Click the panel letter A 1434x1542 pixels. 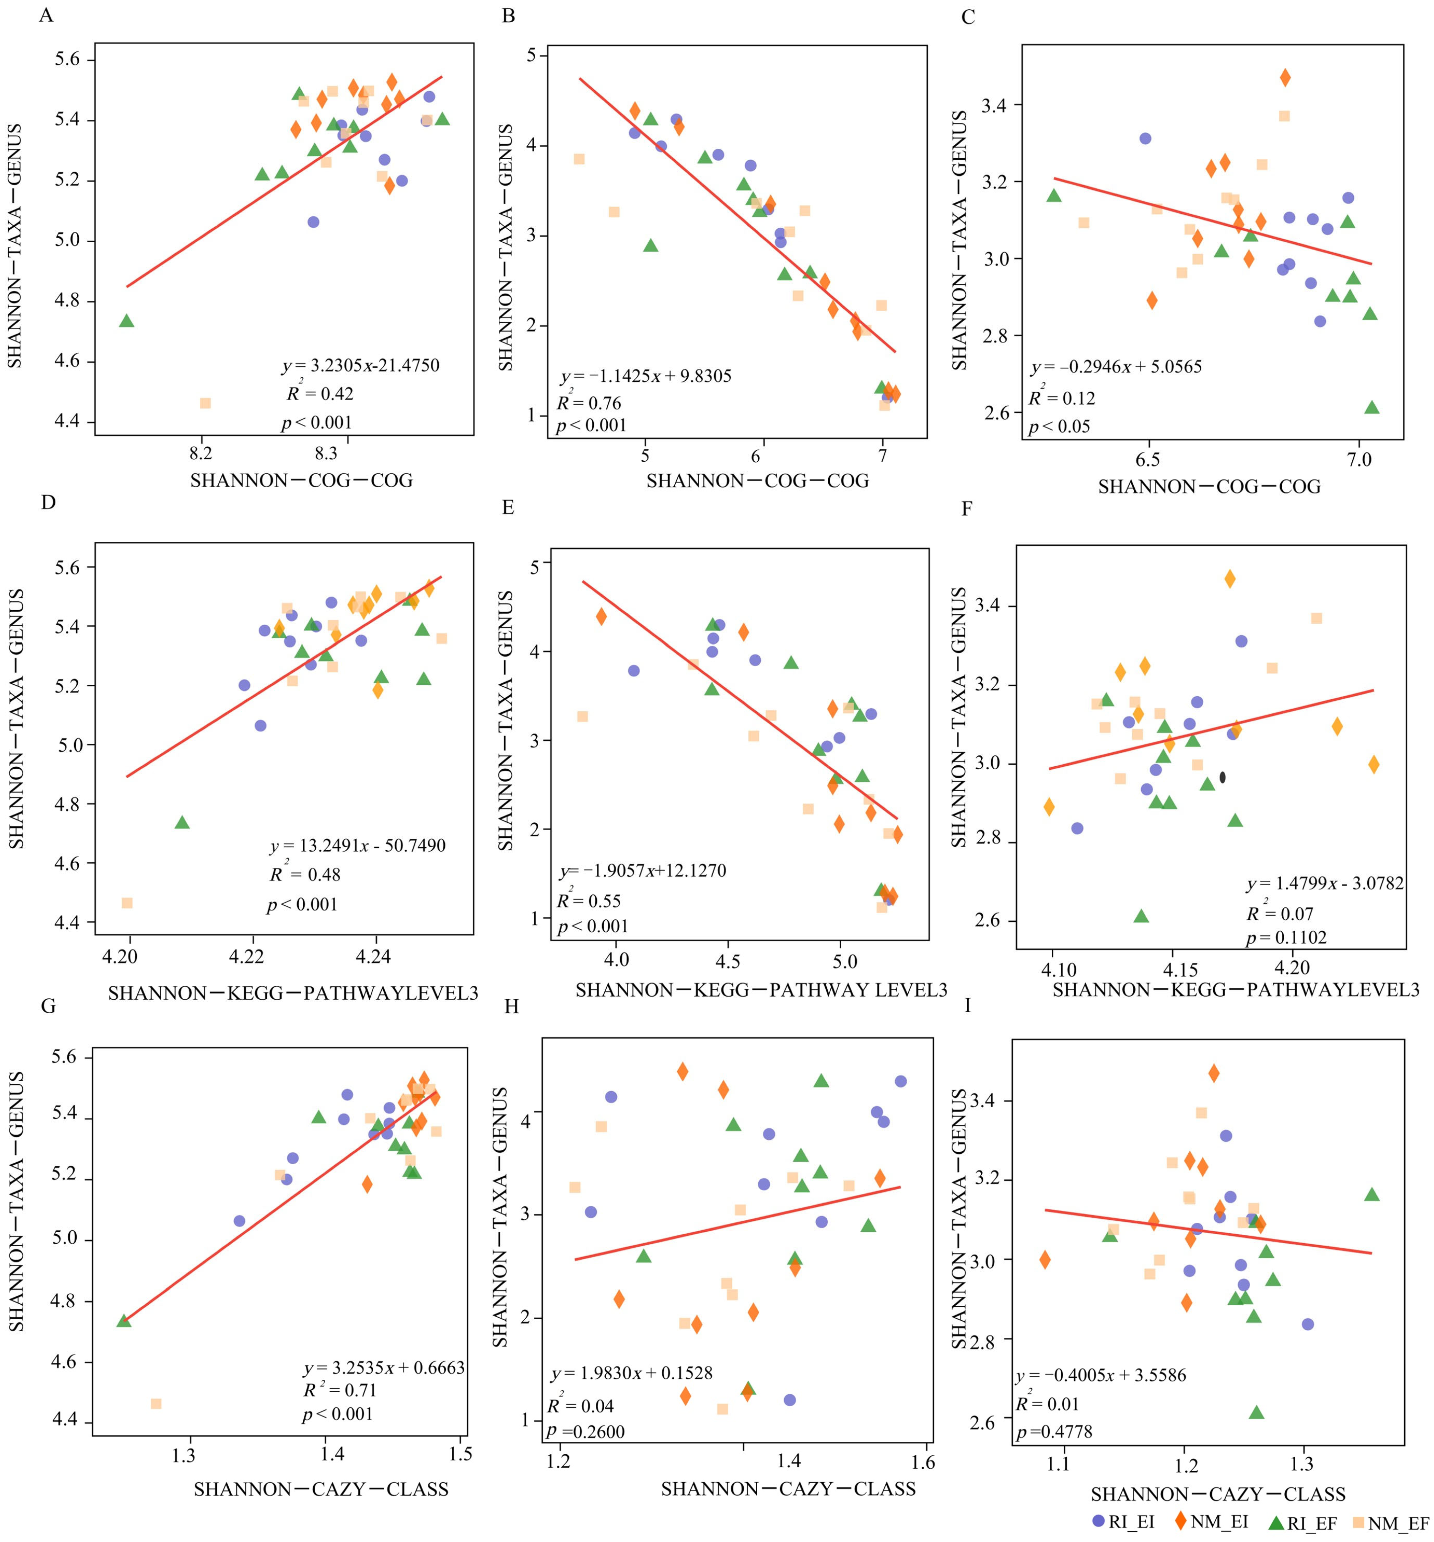(46, 16)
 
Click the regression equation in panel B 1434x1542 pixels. (645, 376)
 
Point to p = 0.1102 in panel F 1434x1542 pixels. (1286, 938)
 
